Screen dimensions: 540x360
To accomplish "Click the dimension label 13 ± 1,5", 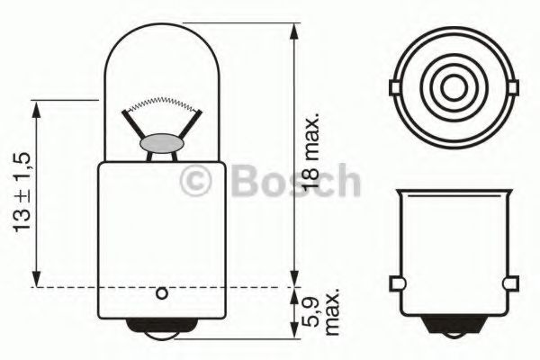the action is click(22, 192).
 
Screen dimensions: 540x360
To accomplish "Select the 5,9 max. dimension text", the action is click(322, 312).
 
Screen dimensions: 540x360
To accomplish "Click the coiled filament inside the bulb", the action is click(161, 103).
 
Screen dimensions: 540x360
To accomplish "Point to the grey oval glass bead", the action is click(161, 144).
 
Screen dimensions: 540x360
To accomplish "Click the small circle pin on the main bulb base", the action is click(161, 293).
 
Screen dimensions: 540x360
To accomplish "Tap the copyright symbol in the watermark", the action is click(195, 181).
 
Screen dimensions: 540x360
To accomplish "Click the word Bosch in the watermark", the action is click(295, 181).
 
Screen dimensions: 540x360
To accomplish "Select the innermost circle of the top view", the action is click(454, 87).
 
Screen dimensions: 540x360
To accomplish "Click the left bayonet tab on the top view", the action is click(395, 87).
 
